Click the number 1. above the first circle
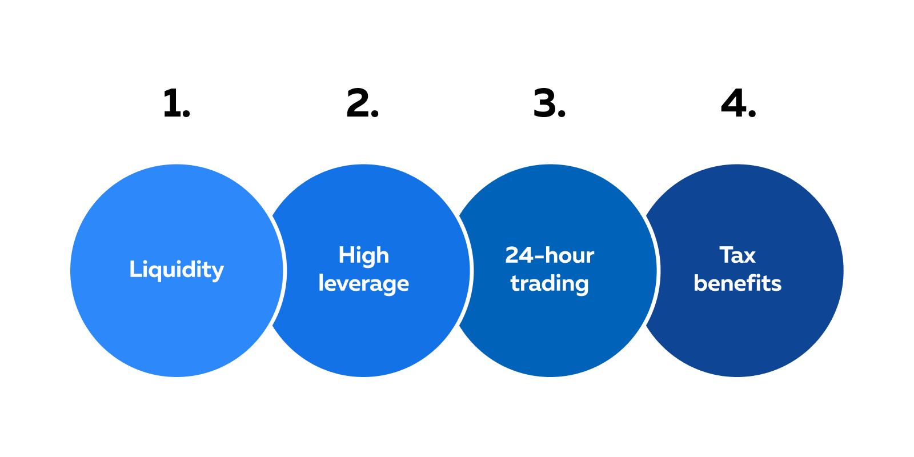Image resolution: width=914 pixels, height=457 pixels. click(x=176, y=104)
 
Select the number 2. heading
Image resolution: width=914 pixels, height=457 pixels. click(x=362, y=104)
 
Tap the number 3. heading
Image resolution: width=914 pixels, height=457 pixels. click(x=549, y=104)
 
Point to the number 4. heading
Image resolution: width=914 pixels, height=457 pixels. click(x=738, y=104)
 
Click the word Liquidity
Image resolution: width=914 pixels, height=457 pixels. click(x=177, y=270)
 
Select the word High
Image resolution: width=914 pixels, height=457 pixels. click(x=363, y=255)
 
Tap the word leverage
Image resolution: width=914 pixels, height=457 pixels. click(x=363, y=283)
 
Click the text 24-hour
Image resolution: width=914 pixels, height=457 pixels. click(x=550, y=255)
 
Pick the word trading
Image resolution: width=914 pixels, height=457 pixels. click(x=550, y=283)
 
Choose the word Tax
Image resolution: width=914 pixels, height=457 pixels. click(x=737, y=255)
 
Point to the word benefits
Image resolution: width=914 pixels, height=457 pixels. click(x=737, y=283)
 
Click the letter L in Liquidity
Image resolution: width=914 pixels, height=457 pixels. click(x=134, y=268)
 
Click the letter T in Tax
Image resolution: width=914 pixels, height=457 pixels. click(x=726, y=255)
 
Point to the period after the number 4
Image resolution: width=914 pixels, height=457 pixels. click(x=752, y=115)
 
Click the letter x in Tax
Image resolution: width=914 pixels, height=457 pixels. click(x=749, y=256)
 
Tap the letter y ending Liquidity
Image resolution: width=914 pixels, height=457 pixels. click(x=218, y=272)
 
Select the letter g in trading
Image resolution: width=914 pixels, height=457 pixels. click(x=582, y=286)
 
